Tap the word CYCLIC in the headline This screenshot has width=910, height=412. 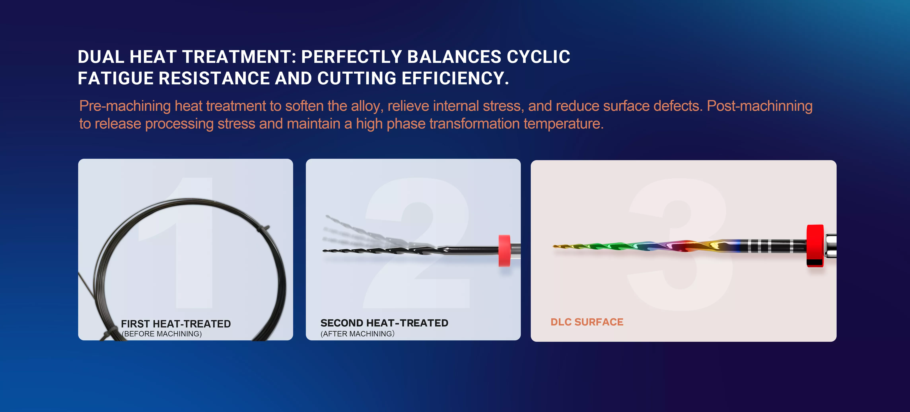[538, 57]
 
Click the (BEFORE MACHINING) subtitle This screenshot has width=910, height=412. [162, 334]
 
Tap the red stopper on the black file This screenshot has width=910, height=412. [505, 250]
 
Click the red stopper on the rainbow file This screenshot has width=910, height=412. [815, 245]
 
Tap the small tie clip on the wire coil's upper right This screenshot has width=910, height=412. [263, 229]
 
